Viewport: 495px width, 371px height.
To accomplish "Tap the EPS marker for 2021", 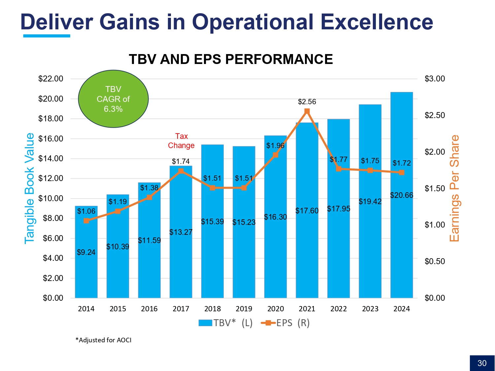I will click(x=307, y=111).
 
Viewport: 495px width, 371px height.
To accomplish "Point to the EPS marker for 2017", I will click(x=181, y=171).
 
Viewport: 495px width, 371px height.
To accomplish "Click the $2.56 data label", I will click(x=307, y=102).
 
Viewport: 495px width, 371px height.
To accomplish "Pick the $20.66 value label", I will click(x=401, y=195).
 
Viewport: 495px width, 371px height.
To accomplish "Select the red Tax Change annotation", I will click(x=181, y=141).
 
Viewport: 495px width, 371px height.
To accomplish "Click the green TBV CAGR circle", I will click(x=113, y=99).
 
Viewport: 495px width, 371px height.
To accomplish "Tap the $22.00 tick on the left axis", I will click(x=51, y=79).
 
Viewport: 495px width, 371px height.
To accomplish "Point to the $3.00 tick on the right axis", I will click(x=435, y=79).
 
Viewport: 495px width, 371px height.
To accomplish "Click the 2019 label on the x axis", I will click(x=244, y=309).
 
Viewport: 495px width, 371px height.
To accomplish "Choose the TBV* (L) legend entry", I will click(x=225, y=323).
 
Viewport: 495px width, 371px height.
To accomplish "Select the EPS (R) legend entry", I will click(x=285, y=323).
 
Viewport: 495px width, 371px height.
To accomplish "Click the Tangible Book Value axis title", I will click(x=29, y=188).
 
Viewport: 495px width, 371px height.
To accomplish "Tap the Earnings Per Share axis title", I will click(x=454, y=188).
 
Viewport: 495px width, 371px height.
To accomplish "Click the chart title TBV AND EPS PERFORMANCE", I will click(x=231, y=59).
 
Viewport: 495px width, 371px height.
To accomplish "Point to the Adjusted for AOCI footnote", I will click(x=104, y=340).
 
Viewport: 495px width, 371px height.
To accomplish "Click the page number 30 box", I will click(x=482, y=363).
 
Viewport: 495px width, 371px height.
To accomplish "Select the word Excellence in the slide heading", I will click(x=377, y=22).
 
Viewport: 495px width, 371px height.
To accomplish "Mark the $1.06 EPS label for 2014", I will click(x=86, y=211).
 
